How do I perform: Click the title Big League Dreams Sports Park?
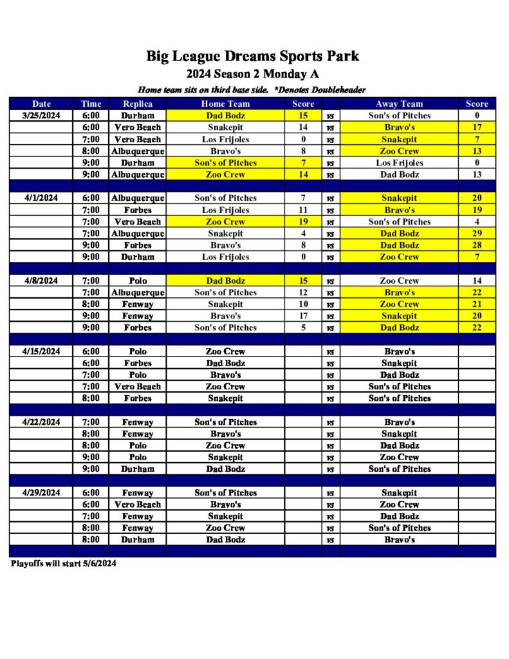(x=252, y=56)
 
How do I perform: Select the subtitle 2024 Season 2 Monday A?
(x=252, y=73)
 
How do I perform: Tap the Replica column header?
(x=137, y=104)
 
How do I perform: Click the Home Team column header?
(x=225, y=104)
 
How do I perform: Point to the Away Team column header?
(x=399, y=104)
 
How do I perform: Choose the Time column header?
(x=91, y=104)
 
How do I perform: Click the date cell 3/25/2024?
(x=41, y=116)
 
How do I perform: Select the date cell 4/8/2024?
(x=41, y=281)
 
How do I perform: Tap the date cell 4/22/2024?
(x=41, y=422)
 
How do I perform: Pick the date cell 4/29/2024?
(x=41, y=493)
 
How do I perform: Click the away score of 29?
(x=477, y=234)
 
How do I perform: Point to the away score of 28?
(x=477, y=245)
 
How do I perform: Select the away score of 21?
(x=477, y=304)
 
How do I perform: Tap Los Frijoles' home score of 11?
(x=303, y=210)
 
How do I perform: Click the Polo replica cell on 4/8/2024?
(x=137, y=281)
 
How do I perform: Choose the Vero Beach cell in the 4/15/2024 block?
(x=137, y=387)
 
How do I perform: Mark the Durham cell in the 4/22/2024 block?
(x=137, y=469)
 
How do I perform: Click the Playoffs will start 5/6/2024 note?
(x=64, y=564)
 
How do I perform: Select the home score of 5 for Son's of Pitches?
(x=303, y=328)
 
